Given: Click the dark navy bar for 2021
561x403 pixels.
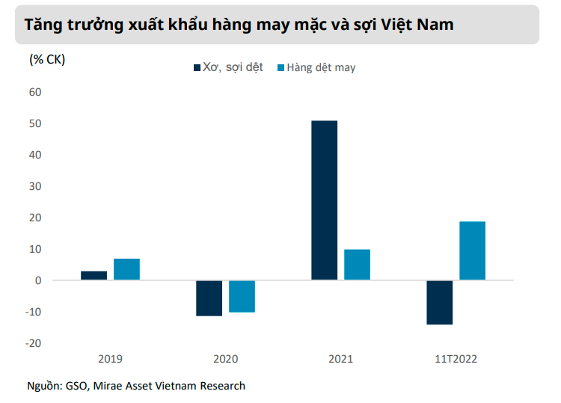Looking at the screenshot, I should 324,200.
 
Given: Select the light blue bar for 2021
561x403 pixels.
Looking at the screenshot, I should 357,265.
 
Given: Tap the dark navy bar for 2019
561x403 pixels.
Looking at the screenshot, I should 93,275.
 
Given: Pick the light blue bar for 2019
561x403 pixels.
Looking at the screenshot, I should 126,269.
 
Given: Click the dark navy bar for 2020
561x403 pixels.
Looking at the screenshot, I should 209,298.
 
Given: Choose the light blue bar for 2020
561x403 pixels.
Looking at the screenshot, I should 242,296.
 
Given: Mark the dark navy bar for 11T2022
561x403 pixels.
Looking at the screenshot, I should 439,302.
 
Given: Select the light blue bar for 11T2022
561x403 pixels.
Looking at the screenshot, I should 472,250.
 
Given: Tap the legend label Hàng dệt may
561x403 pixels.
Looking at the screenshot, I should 321,67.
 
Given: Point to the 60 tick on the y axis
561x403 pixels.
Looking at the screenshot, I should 35,92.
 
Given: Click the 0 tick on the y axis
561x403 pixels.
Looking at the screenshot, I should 38,280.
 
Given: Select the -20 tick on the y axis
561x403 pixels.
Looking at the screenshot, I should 33,343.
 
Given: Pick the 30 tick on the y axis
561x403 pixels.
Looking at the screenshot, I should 35,186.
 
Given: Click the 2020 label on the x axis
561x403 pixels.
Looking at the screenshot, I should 225,359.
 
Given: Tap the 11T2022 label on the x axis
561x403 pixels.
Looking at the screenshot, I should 456,359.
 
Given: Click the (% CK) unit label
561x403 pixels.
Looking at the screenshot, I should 47,60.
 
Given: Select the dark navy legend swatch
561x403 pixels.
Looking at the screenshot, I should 197,67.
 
